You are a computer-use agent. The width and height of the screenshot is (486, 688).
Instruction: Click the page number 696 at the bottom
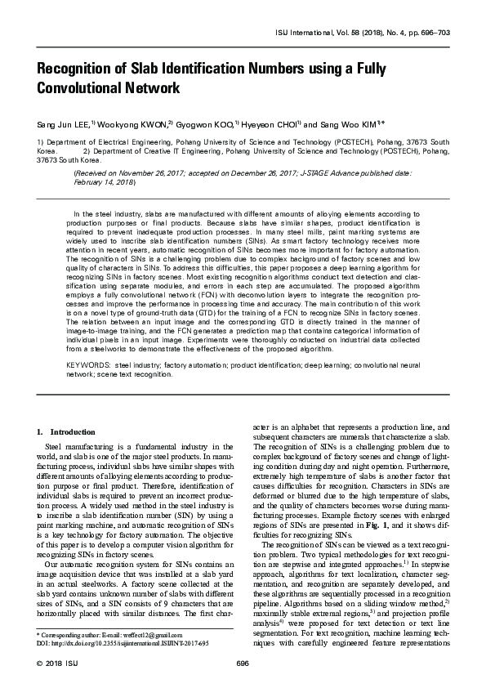(242, 664)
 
